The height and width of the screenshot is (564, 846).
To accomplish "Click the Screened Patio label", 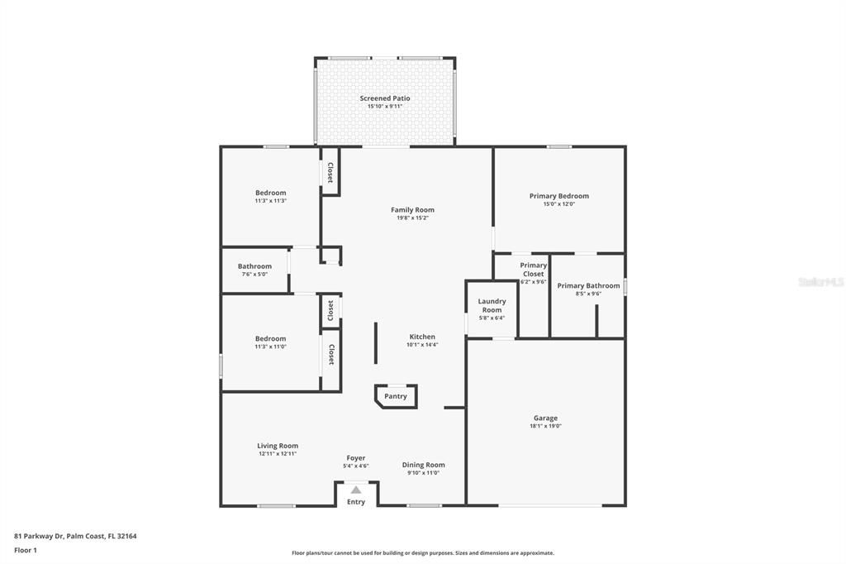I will click(x=384, y=98).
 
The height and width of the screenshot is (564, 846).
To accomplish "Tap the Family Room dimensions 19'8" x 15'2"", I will click(x=412, y=218).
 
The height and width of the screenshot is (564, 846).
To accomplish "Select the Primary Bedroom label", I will click(x=558, y=196).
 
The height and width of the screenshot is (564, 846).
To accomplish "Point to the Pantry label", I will click(x=396, y=396).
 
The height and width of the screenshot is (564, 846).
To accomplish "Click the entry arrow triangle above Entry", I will click(x=356, y=490).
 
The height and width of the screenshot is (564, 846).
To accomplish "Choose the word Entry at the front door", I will click(x=356, y=502).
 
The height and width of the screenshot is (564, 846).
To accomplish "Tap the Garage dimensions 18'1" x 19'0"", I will click(x=545, y=427).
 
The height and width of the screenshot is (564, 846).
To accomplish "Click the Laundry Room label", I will click(x=492, y=305).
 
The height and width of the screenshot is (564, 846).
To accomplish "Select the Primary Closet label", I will click(x=533, y=269).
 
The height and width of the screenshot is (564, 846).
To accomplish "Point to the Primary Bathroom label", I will click(x=588, y=285).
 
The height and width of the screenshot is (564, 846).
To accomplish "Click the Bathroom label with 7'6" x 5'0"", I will click(x=254, y=266).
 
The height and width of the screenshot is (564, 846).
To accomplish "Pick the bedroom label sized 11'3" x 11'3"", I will click(x=270, y=193).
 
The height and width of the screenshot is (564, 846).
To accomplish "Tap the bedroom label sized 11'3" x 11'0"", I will click(x=270, y=338).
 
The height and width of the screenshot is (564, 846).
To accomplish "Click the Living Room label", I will click(x=278, y=446).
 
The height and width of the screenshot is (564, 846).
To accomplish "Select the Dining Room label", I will click(x=423, y=465).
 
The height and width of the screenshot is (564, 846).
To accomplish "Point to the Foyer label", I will click(x=356, y=458).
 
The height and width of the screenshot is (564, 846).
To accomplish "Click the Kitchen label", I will click(x=422, y=337).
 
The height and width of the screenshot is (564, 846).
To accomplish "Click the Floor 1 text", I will click(x=26, y=550).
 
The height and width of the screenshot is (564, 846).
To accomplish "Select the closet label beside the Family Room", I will click(x=330, y=172).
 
